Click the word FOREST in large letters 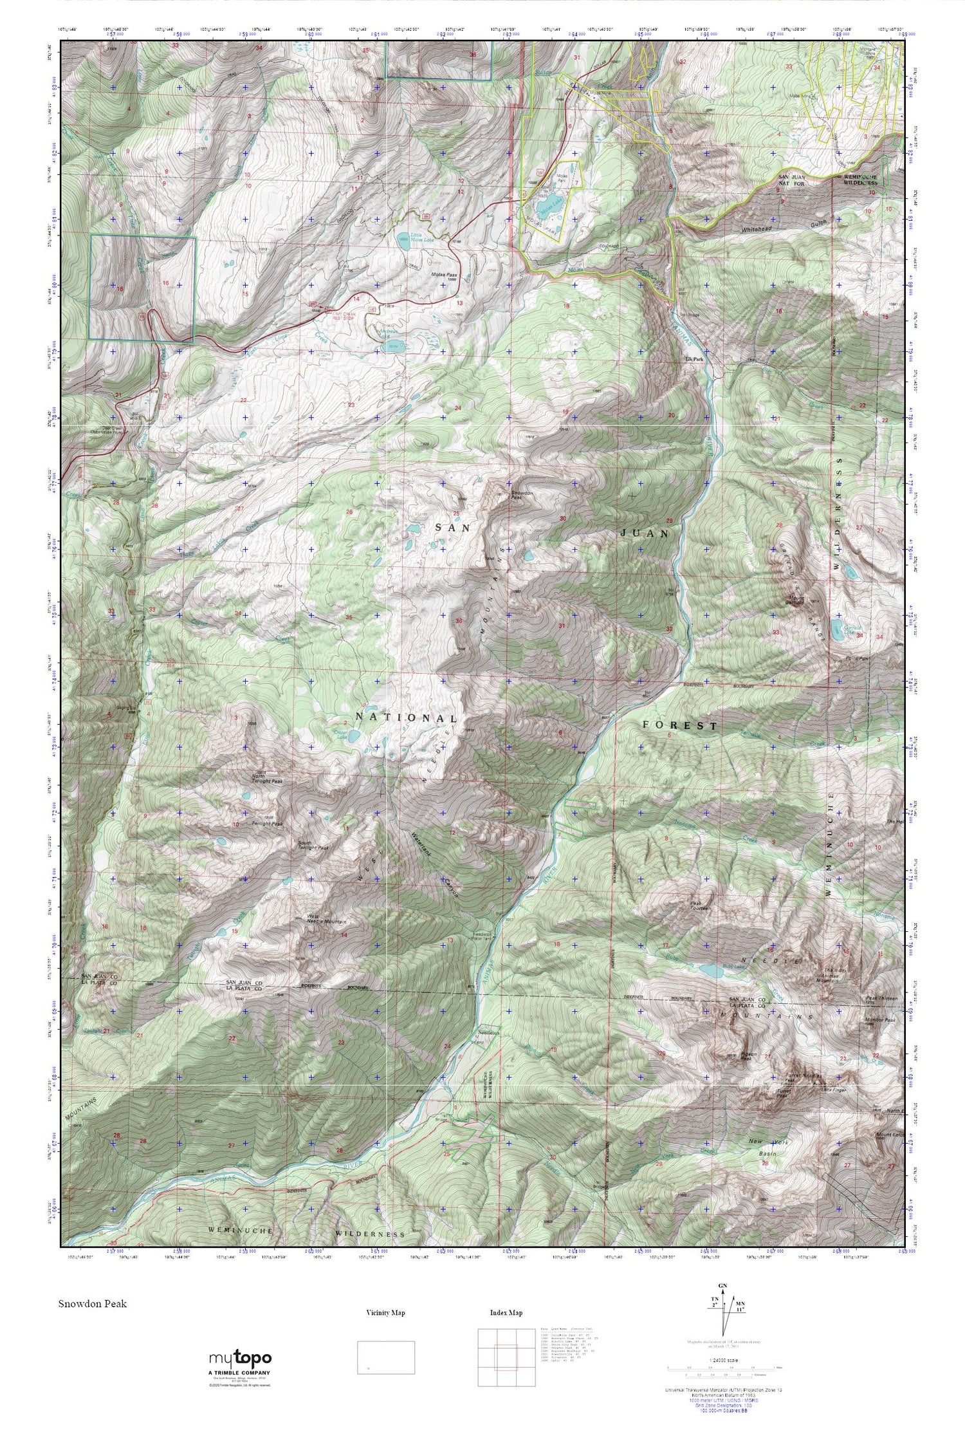tap(680, 725)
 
